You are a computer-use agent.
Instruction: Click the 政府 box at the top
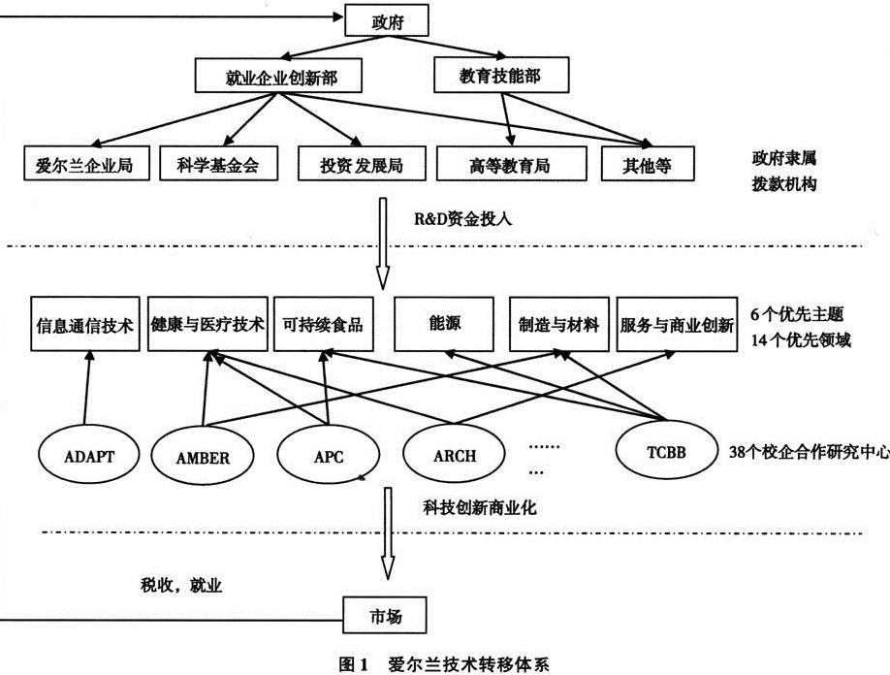pos(387,22)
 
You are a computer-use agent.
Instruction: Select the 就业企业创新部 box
pos(278,75)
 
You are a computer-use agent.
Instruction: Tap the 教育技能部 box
pos(501,75)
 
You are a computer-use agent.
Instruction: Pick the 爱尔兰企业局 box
pos(86,164)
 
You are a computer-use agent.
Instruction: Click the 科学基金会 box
pos(218,164)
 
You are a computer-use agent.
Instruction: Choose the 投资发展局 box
pos(362,164)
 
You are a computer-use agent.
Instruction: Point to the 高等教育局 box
pos(511,164)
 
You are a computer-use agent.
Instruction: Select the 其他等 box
pos(648,164)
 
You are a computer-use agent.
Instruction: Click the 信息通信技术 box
pos(84,324)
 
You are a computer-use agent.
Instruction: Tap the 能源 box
pos(444,324)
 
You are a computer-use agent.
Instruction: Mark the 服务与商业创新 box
pos(677,324)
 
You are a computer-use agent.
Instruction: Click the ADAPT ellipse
pos(89,456)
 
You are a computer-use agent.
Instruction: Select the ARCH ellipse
pos(454,455)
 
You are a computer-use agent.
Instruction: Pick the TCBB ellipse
pos(666,451)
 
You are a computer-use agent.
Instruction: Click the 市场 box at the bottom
pos(384,615)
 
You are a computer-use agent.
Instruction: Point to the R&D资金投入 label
pos(462,218)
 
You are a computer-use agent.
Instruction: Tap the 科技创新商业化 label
pos(480,507)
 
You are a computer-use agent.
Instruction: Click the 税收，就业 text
pos(181,586)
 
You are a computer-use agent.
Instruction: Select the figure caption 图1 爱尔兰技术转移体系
pos(443,663)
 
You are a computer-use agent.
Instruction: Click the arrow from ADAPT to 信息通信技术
pos(87,387)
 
